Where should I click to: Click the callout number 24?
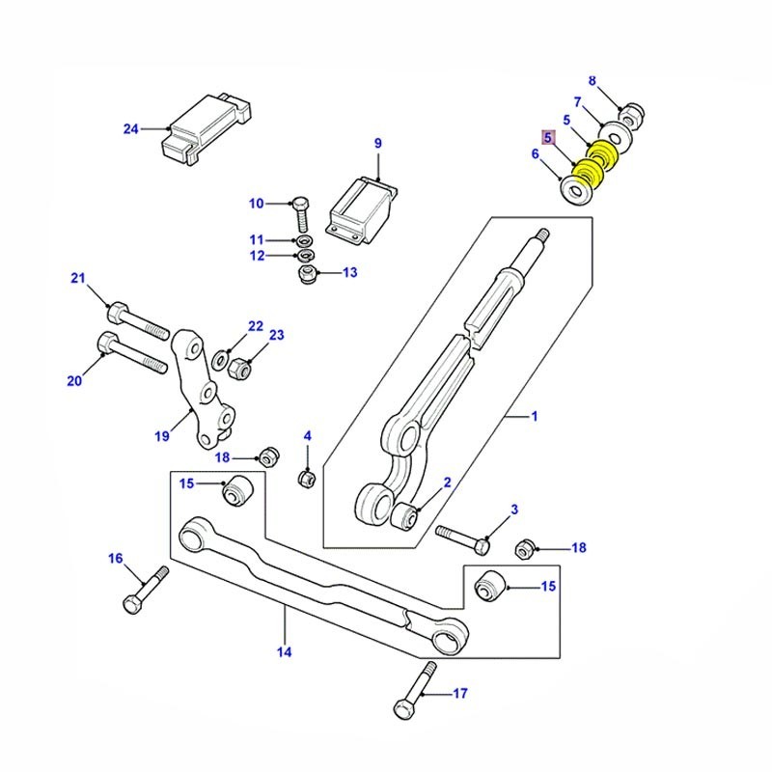pos(131,128)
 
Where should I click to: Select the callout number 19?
pos(162,436)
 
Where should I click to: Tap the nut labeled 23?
pos(243,368)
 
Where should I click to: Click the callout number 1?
pos(535,417)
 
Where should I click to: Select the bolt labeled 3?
pos(462,538)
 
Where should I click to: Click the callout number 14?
pos(284,651)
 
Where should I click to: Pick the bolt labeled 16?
pos(141,590)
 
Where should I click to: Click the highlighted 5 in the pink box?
pos(548,138)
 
